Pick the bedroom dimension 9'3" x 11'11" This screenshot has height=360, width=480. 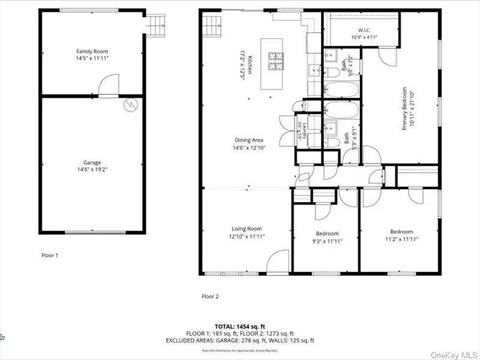coord(326,241)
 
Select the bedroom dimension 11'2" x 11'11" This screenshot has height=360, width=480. coord(401,241)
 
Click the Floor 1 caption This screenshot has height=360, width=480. coord(50,256)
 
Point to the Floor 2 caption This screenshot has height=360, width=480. coord(209,296)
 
